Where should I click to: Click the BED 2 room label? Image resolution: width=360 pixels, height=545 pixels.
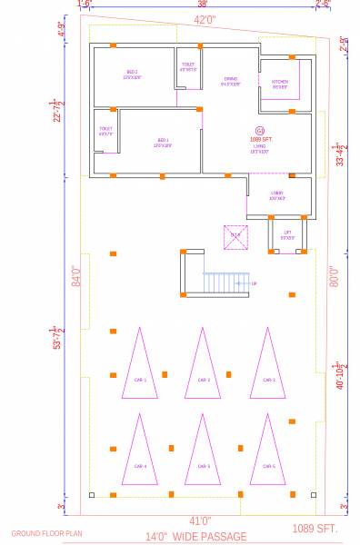click(x=133, y=75)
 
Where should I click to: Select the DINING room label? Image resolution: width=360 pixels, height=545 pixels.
click(x=231, y=80)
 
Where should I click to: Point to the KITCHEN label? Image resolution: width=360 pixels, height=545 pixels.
click(x=279, y=84)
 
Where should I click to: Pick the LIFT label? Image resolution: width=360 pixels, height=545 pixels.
click(x=287, y=233)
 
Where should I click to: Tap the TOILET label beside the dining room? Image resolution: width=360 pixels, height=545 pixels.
click(x=188, y=65)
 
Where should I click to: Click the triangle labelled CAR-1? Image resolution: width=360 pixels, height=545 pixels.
click(x=140, y=368)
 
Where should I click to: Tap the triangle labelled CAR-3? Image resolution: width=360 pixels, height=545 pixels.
click(x=267, y=368)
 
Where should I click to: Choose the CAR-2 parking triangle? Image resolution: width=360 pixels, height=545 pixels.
click(x=204, y=368)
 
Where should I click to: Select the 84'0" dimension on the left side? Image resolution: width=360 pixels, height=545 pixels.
click(x=76, y=275)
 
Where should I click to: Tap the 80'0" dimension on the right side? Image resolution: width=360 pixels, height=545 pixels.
click(x=334, y=275)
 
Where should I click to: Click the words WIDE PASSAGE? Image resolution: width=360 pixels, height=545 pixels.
click(x=209, y=537)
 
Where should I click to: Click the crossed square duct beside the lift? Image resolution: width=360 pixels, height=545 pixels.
click(x=235, y=235)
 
